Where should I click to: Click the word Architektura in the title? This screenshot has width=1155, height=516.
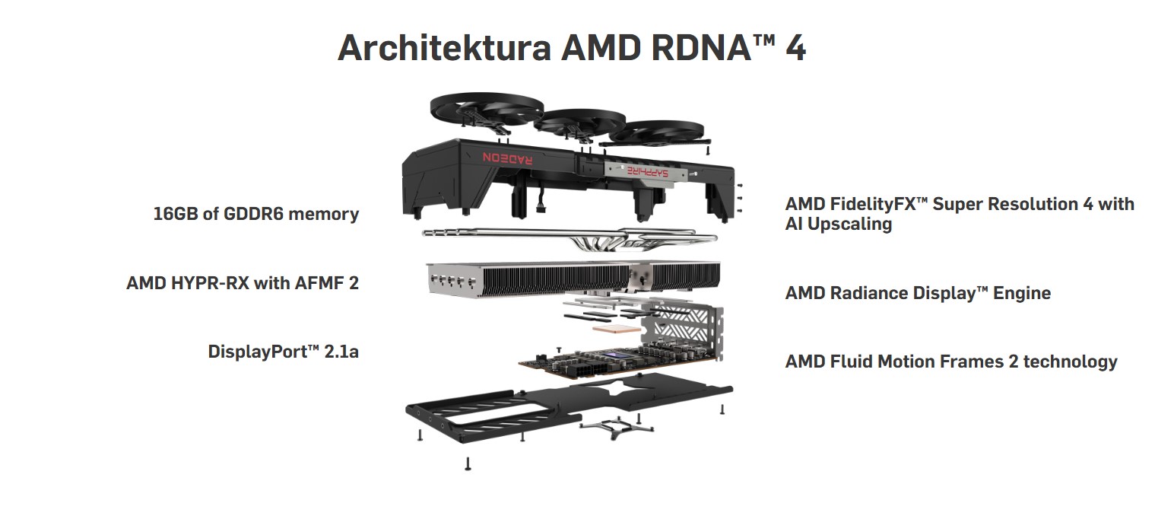tap(444, 47)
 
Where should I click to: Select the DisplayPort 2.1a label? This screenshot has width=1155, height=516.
tap(283, 352)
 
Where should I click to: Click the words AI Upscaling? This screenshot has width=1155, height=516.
tap(839, 224)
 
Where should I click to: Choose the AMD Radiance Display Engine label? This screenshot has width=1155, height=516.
tap(918, 293)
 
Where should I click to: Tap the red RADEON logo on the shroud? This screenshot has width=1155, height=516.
tap(509, 157)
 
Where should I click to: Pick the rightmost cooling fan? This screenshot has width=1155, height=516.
tap(658, 133)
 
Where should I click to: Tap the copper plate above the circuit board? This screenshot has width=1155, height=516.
tap(614, 327)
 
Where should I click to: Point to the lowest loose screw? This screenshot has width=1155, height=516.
tap(468, 463)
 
